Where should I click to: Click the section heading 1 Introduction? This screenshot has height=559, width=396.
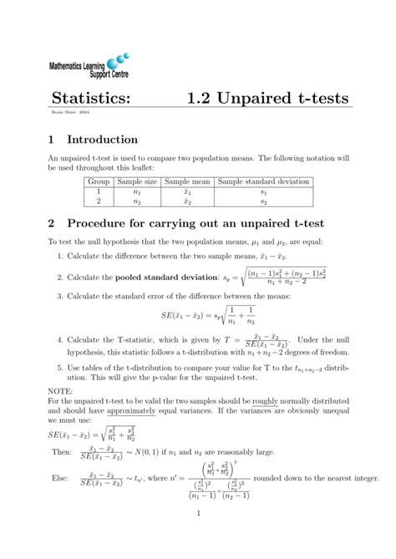click(x=93, y=140)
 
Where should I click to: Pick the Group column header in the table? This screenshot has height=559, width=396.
click(x=99, y=181)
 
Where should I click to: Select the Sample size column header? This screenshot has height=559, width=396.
click(x=136, y=181)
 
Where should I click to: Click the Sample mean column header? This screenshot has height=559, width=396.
click(x=188, y=181)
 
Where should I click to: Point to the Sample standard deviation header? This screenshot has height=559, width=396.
click(x=263, y=181)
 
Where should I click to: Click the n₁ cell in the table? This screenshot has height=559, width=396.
click(x=136, y=191)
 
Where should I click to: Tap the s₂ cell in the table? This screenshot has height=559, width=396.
click(x=263, y=201)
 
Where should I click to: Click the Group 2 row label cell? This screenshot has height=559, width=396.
click(x=99, y=201)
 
